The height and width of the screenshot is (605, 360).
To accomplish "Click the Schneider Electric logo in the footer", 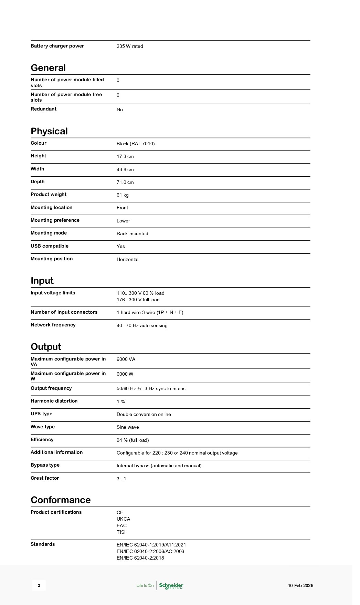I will (171, 585).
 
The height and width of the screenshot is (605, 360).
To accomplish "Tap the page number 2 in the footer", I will (39, 585).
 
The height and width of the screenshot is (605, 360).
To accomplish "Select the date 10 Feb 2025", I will (300, 585).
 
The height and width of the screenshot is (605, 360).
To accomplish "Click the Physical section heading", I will (49, 131).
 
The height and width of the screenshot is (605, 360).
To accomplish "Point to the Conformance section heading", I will (61, 500).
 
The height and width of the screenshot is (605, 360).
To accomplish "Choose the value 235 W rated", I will (130, 46).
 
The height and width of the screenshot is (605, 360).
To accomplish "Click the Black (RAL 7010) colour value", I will (136, 144).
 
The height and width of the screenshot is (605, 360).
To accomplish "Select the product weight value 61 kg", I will (123, 195).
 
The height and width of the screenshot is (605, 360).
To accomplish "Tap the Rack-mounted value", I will (133, 233).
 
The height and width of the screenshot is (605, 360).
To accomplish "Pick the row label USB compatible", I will (50, 246).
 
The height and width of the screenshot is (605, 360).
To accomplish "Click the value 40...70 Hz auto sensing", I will (142, 325).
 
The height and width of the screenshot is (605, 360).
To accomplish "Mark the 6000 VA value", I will (126, 359).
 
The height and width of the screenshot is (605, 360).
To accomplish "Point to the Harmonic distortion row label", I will (54, 401).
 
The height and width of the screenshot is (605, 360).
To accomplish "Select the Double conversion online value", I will (144, 414).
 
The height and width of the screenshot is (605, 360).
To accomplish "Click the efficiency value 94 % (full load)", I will (133, 440).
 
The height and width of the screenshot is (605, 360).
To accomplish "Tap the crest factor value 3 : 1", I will (121, 479).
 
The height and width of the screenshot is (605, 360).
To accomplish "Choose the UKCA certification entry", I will (124, 519).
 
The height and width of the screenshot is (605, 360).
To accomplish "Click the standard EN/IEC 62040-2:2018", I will (140, 558).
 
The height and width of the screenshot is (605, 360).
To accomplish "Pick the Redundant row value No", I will (120, 109).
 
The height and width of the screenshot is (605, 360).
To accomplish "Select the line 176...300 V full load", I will (138, 300).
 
